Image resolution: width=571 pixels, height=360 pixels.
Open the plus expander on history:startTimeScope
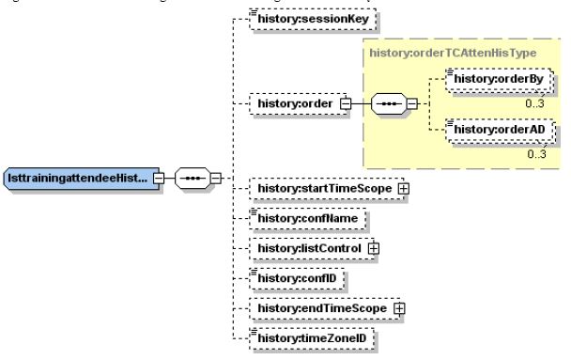coord(405,189)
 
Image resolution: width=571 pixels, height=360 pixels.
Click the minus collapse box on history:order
coord(345,102)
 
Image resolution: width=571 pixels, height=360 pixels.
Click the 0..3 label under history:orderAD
coord(537,155)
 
